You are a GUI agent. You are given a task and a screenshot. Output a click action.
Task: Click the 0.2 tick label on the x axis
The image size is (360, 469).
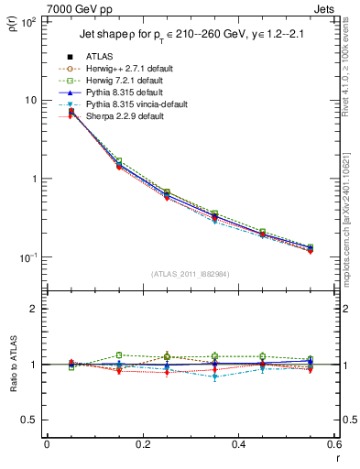click(x=142, y=445)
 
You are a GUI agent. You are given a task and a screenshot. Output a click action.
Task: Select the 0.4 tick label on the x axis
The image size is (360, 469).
click(x=238, y=445)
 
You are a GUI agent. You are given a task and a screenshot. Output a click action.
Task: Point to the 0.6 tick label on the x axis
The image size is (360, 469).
click(x=333, y=445)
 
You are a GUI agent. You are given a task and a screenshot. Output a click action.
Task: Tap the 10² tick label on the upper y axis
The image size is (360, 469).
click(x=27, y=21)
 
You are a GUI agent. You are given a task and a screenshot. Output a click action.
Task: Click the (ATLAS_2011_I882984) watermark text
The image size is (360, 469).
click(x=191, y=274)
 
